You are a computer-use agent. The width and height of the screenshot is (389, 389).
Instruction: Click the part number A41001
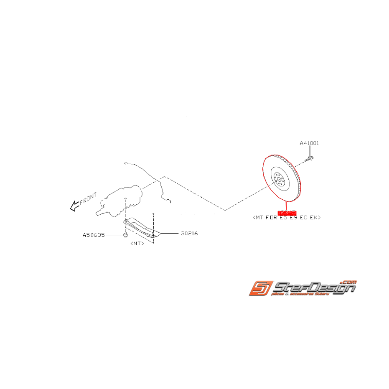[x=309, y=143]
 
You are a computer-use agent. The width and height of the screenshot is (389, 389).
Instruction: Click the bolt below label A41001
[x=310, y=158]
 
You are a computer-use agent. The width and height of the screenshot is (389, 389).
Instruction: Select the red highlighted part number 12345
[x=287, y=213]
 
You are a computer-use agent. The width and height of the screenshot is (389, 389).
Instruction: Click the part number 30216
[x=189, y=233]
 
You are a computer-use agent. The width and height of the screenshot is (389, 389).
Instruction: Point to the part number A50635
[x=94, y=235]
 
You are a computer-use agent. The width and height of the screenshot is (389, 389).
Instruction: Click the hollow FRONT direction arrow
[x=75, y=205]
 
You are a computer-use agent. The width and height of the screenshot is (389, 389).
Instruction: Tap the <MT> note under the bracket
[x=137, y=243]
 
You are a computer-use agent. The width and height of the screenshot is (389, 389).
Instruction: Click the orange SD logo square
[x=261, y=288]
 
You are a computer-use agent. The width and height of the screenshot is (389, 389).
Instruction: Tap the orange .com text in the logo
[x=348, y=282]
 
